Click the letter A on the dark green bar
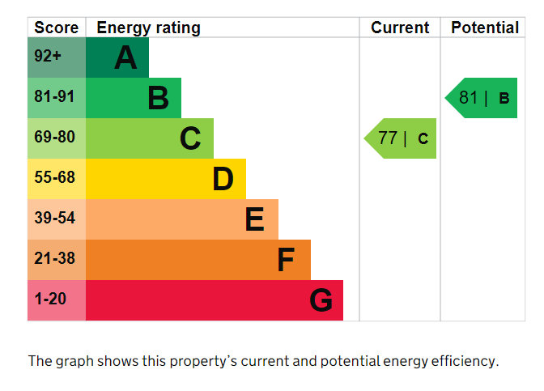click(125, 57)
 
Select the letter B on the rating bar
click(158, 98)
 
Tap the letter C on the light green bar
click(190, 138)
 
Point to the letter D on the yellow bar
click(223, 179)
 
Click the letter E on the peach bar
click(254, 219)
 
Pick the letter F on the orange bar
click(286, 260)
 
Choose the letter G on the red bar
click(321, 300)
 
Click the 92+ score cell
click(48, 57)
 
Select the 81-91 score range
click(54, 98)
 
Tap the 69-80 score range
click(54, 138)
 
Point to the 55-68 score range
click(54, 179)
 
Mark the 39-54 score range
click(54, 219)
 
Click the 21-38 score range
click(54, 260)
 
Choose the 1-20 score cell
click(50, 300)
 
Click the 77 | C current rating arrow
click(402, 138)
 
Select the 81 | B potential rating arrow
click(482, 98)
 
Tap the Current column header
click(400, 28)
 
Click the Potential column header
click(485, 28)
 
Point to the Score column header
click(57, 28)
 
